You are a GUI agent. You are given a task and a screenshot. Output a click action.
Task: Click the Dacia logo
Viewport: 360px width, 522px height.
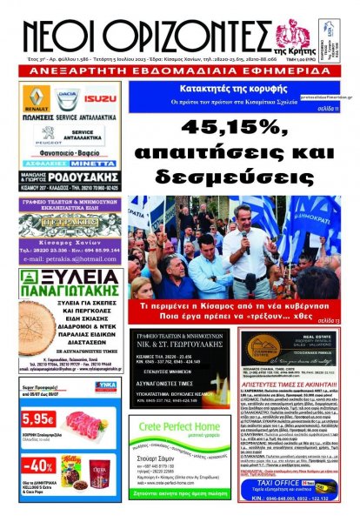67,97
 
